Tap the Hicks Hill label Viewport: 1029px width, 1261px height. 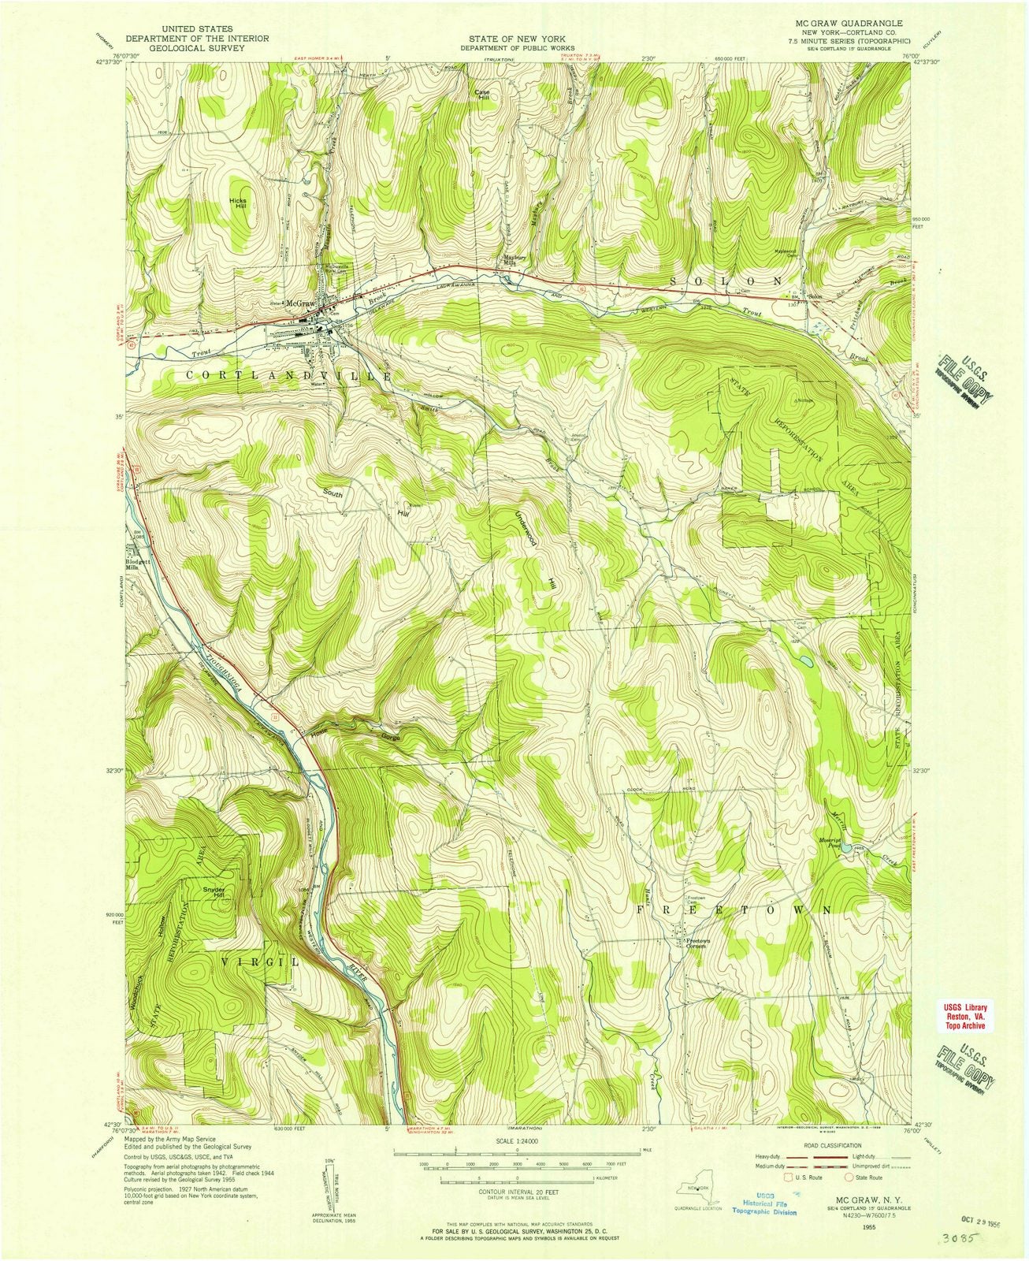(238, 203)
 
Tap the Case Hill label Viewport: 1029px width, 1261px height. (481, 94)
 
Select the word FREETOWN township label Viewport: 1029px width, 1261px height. (733, 909)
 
